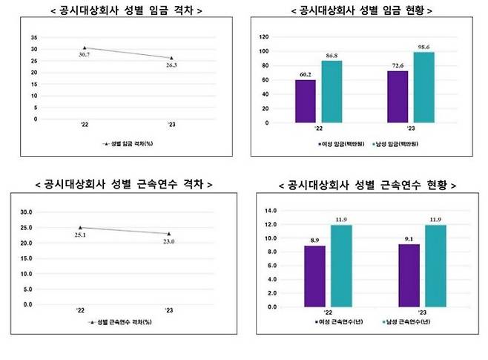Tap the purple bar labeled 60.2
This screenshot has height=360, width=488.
(305, 102)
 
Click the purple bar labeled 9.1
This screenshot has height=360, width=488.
(408, 275)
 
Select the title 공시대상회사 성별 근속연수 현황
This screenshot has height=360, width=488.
(366, 183)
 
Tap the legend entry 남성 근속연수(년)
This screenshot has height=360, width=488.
(417, 323)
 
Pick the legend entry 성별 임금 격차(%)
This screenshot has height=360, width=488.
(131, 144)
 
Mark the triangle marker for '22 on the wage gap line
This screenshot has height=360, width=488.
(85, 48)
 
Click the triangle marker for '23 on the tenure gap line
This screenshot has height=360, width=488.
(168, 234)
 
